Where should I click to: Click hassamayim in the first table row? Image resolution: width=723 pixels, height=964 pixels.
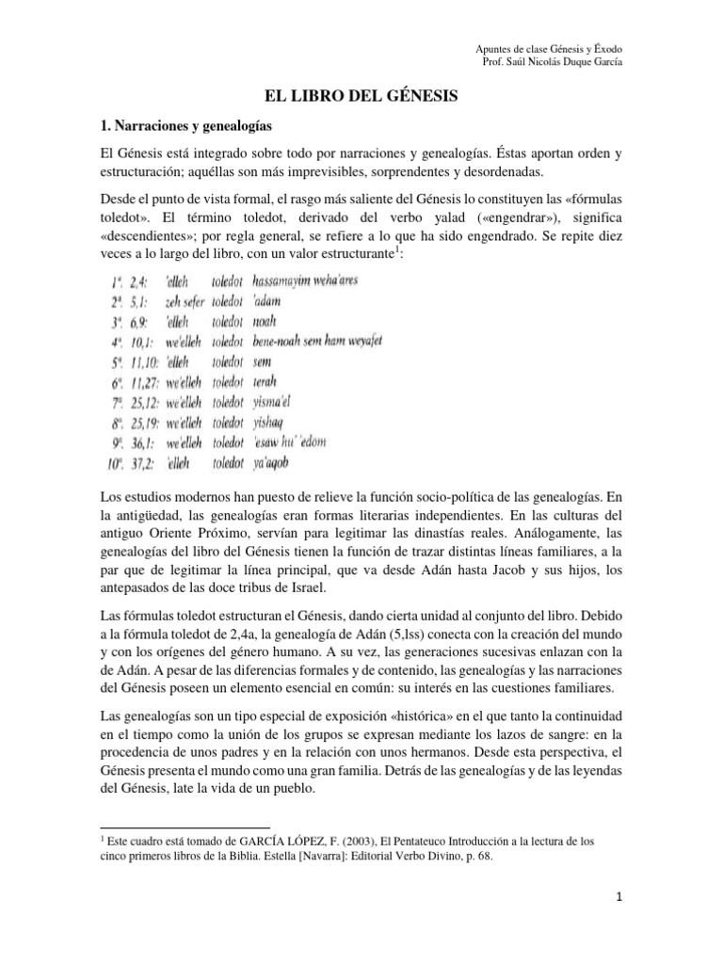tap(286, 281)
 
